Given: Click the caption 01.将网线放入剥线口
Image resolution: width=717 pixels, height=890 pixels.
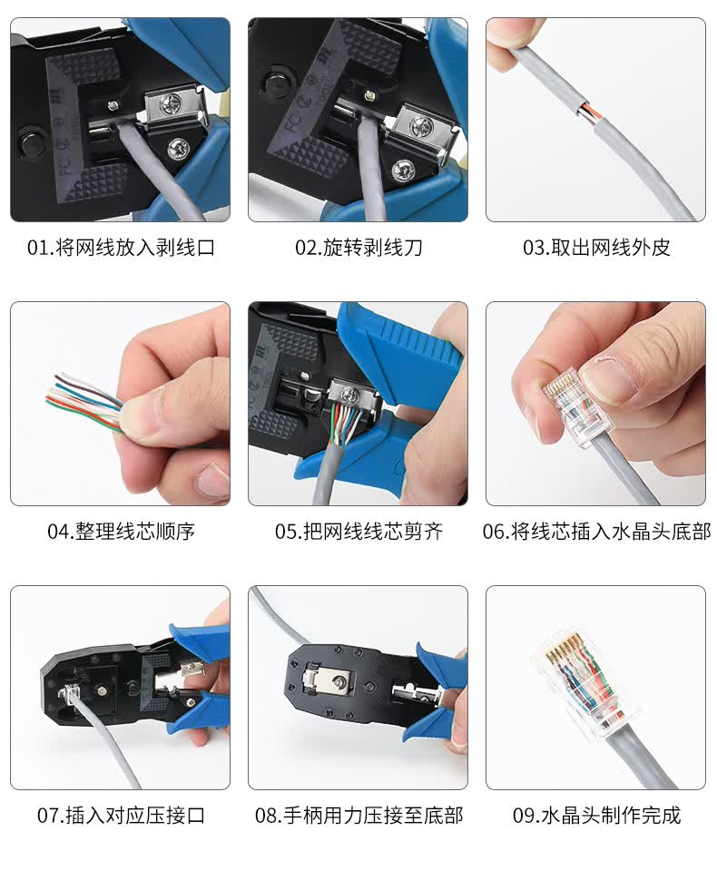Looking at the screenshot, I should coord(121,248).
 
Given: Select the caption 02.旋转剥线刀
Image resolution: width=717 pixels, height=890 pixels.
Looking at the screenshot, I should coord(358,248).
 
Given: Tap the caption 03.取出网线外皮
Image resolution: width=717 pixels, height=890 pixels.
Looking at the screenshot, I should coord(596,248).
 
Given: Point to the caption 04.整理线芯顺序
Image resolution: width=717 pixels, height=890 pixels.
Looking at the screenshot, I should coord(121,531).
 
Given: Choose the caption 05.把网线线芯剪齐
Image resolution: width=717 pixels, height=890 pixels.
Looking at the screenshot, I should coord(358,531).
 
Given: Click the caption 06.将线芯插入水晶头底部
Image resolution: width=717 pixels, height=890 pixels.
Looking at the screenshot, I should coord(596,531).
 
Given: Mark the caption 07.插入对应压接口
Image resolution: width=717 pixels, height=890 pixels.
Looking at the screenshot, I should coord(121,815).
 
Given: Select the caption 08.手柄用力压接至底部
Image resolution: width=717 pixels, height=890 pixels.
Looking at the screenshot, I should coord(358,815).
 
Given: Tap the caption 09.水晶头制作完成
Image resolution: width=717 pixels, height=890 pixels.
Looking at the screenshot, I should coord(596,815).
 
